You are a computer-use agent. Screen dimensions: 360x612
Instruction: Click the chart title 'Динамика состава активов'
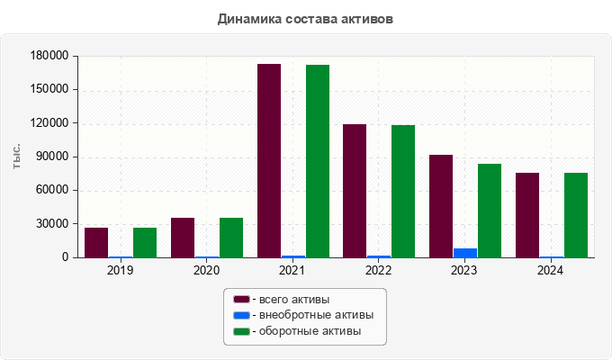(x=305, y=18)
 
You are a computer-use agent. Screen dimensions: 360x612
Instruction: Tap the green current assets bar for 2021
(x=317, y=161)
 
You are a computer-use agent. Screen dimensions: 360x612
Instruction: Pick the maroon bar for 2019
(x=96, y=242)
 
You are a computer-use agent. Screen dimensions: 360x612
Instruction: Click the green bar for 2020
(x=231, y=238)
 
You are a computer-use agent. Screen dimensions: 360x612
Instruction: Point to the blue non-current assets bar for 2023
(x=465, y=253)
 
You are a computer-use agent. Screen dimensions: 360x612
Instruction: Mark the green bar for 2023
(x=490, y=211)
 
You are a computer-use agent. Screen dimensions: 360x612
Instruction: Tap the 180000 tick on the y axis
(x=49, y=56)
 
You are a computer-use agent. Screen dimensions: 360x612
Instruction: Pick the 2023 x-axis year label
(x=464, y=270)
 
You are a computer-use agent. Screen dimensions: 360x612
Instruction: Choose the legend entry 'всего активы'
(x=293, y=299)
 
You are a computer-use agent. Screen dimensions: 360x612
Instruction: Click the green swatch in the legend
(x=241, y=332)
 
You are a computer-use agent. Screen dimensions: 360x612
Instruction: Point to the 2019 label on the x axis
(x=120, y=270)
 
